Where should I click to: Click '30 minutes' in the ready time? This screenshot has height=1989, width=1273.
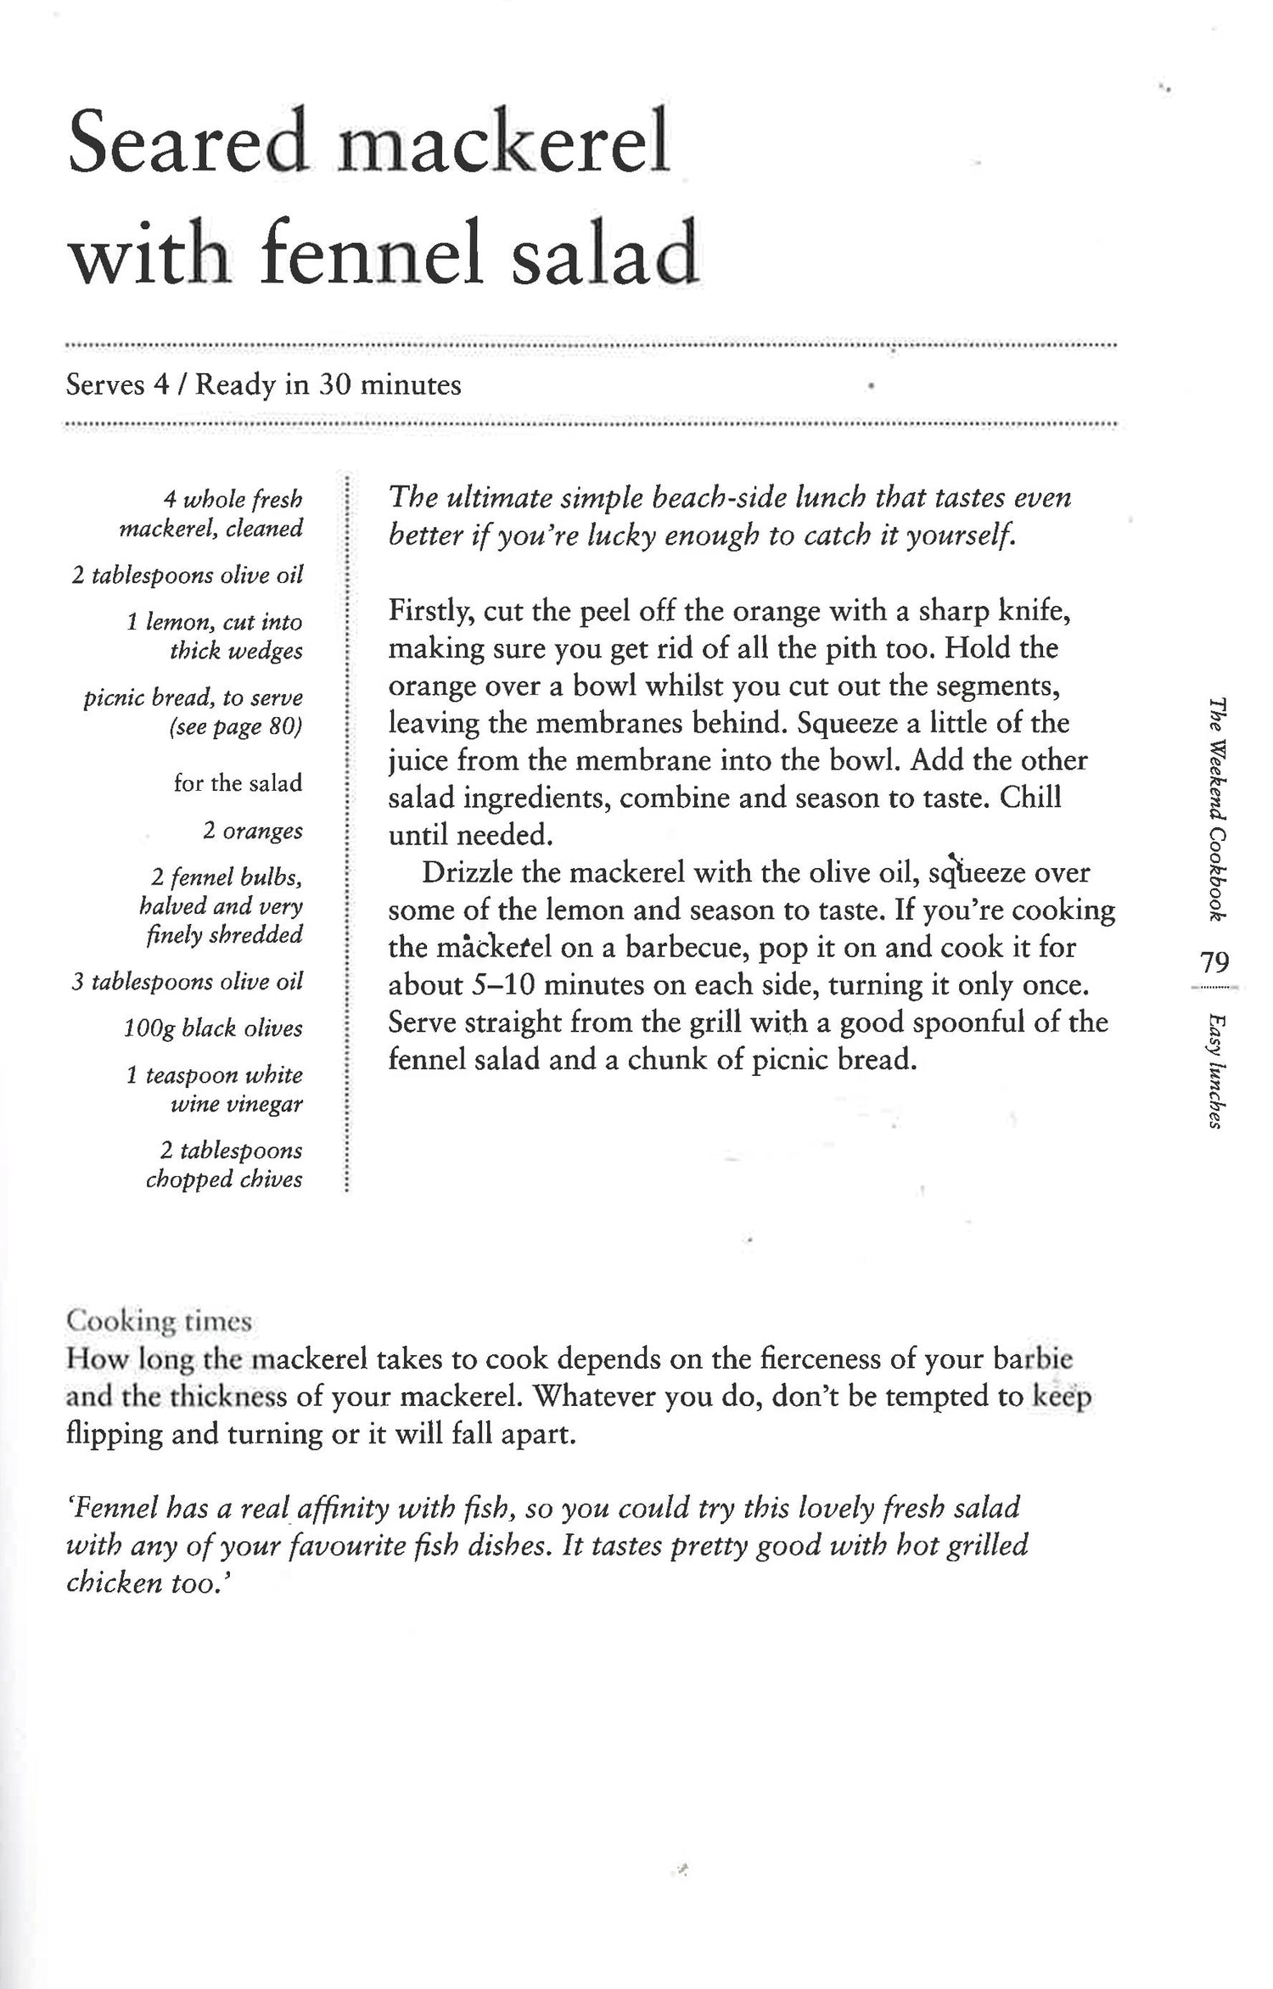click(x=390, y=385)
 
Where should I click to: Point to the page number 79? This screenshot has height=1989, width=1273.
click(x=1214, y=961)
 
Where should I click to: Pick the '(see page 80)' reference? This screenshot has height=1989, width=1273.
click(x=235, y=727)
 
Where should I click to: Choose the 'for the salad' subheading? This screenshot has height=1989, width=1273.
click(x=238, y=782)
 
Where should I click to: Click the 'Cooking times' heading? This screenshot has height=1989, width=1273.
click(x=159, y=1321)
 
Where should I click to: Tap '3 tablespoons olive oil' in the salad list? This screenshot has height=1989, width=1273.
click(x=187, y=982)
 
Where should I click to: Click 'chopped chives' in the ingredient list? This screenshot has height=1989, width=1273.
click(x=224, y=1179)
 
